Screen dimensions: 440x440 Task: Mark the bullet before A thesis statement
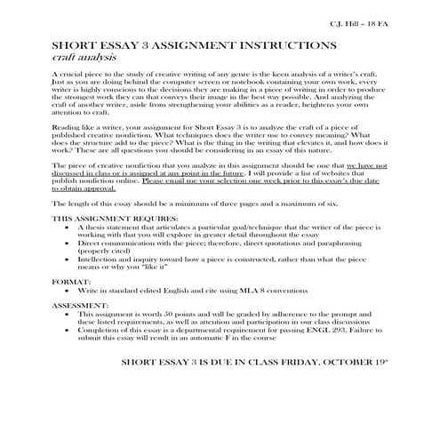point(68,227)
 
